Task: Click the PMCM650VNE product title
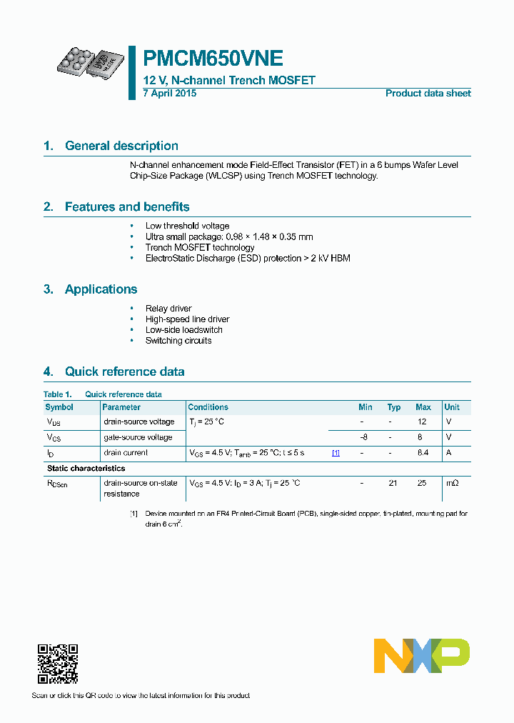coord(213,59)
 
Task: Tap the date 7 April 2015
coord(169,94)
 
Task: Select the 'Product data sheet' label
coord(428,94)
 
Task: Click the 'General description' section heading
coord(121,146)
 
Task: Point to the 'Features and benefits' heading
coord(127,207)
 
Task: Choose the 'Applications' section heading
coord(101,289)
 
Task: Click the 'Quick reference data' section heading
coord(124,372)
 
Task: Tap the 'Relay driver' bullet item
coord(168,309)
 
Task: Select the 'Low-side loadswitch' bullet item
coord(183,330)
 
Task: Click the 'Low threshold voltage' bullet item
coord(187,226)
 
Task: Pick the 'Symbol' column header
coord(59,407)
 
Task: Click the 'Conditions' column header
coord(208,407)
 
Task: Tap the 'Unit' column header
coord(452,407)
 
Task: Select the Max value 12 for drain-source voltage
coord(422,422)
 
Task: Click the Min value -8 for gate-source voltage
coord(363,437)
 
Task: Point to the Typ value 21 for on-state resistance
coord(392,484)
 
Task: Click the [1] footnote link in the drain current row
coord(335,453)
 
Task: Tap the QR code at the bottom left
coord(57,664)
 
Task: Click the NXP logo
coord(422,656)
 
